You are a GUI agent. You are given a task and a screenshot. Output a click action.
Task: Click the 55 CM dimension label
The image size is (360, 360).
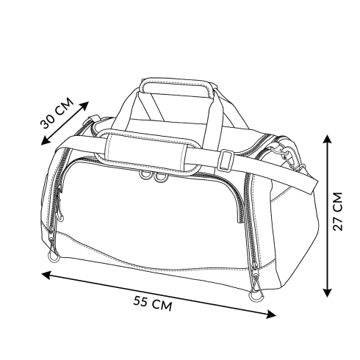(152, 303)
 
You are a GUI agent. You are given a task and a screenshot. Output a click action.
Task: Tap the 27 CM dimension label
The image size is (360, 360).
(338, 212)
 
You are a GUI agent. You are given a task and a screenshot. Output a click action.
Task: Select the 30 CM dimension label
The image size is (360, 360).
(57, 113)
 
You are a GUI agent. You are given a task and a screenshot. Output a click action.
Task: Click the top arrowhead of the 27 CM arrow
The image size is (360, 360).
(327, 139)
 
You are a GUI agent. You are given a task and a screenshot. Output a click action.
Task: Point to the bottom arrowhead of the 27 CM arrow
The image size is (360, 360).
(327, 292)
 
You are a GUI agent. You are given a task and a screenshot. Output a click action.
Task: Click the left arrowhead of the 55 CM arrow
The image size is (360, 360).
(46, 275)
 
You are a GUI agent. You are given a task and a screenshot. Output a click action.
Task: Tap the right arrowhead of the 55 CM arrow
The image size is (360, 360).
(271, 314)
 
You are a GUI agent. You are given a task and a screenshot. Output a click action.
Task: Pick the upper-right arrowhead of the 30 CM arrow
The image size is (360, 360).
(84, 106)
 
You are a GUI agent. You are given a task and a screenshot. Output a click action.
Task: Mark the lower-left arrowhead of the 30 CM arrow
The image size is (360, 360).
(46, 141)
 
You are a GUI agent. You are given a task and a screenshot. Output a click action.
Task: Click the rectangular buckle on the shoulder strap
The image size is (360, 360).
(226, 160)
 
